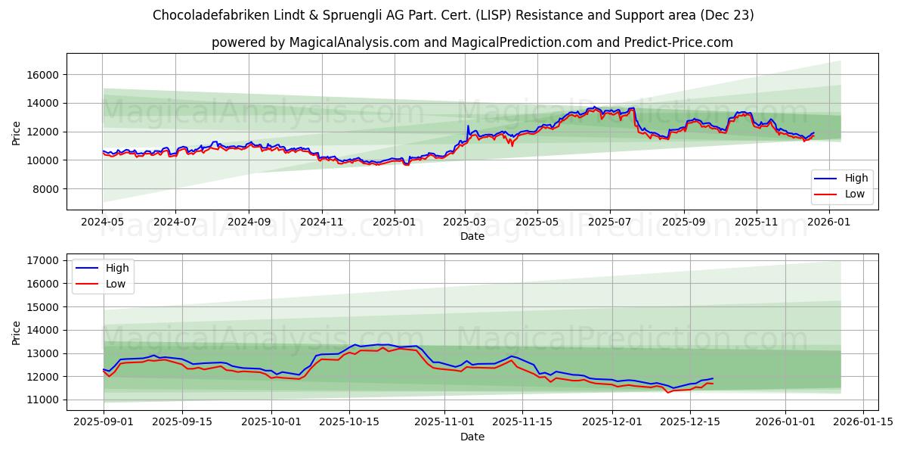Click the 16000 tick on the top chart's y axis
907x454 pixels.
pyautogui.click(x=44, y=75)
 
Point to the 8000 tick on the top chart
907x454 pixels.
pyautogui.click(x=47, y=189)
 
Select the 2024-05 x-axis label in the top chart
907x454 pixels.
pyautogui.click(x=102, y=222)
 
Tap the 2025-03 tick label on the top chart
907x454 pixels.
pyautogui.click(x=465, y=222)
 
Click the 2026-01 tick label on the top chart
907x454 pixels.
pyautogui.click(x=830, y=222)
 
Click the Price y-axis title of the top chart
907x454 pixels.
pyautogui.click(x=17, y=132)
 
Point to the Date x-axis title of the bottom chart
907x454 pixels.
pyautogui.click(x=472, y=437)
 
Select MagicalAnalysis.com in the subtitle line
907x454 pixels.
pyautogui.click(x=354, y=42)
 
